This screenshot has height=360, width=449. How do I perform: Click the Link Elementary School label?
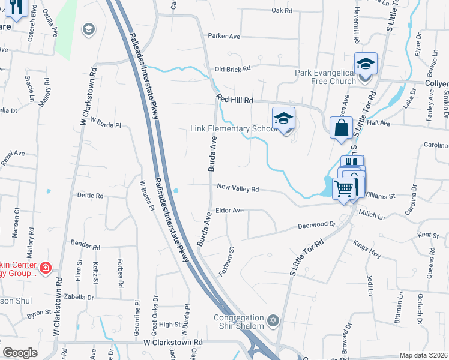[234, 129]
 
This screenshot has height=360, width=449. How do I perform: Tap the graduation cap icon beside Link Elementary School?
[284, 118]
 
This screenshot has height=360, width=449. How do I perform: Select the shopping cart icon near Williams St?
[344, 188]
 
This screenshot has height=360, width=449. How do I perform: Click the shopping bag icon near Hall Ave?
[341, 128]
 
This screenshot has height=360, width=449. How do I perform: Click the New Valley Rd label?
[237, 188]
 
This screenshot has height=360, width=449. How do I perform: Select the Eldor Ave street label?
[230, 211]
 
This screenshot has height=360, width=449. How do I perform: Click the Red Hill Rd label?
[235, 100]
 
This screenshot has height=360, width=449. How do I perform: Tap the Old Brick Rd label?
[232, 70]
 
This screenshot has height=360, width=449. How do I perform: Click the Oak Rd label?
[282, 10]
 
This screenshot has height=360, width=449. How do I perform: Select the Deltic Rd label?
[90, 196]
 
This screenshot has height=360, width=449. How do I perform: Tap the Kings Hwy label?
[367, 250]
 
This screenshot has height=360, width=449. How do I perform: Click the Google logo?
[20, 353]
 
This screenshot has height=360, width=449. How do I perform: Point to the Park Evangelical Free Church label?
[325, 77]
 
